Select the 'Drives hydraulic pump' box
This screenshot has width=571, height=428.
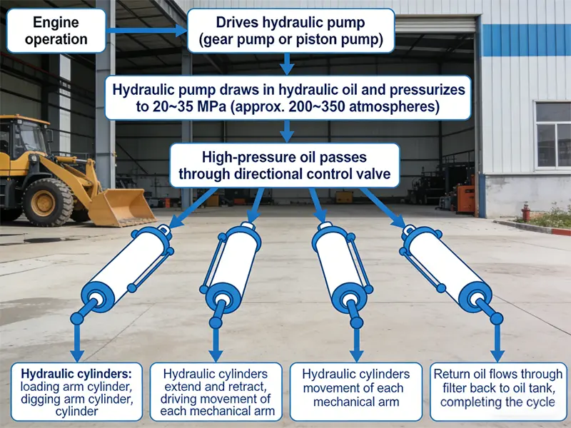pyautogui.click(x=290, y=31)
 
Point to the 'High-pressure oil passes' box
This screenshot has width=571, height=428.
pyautogui.click(x=283, y=165)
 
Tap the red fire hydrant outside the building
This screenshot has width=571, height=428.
pyautogui.click(x=526, y=212)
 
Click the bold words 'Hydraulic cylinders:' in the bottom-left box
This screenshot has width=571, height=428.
pyautogui.click(x=66, y=374)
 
